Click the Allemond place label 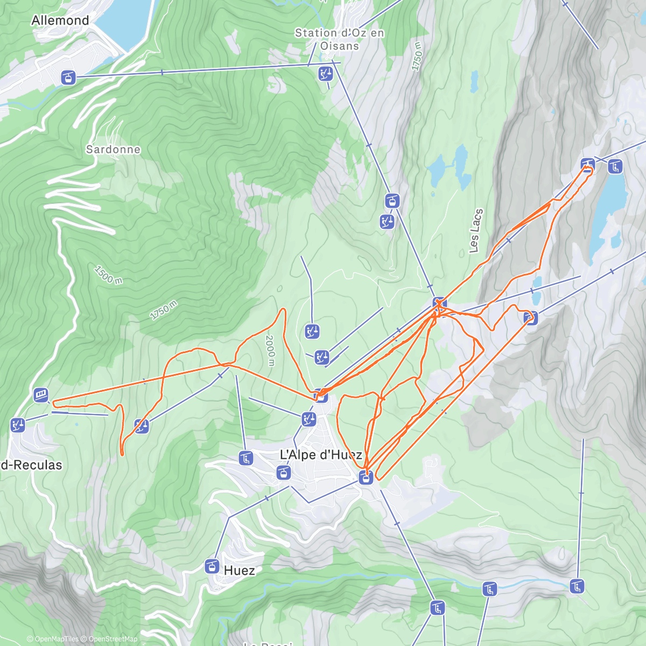click(60, 20)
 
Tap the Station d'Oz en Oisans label click(340, 39)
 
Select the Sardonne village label click(113, 149)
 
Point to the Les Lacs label click(475, 230)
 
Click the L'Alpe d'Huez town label click(321, 455)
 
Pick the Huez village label click(239, 570)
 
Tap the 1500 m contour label click(108, 274)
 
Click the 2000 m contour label click(270, 350)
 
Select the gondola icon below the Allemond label click(67, 77)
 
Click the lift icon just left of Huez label click(212, 566)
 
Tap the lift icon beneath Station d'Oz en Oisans click(325, 73)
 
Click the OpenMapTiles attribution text click(53, 639)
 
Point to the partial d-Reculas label click(31, 465)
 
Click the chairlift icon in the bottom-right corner click(577, 586)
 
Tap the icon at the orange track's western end click(41, 396)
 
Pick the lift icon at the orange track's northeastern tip click(587, 164)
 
